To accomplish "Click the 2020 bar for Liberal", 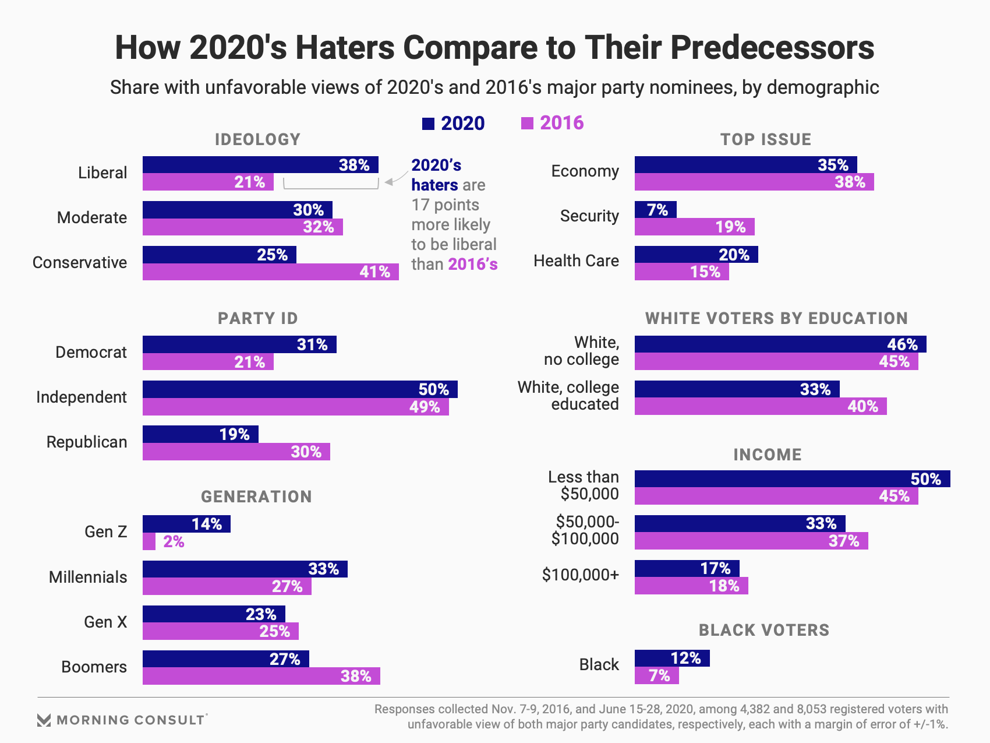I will (x=260, y=165).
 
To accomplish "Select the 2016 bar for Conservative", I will (x=270, y=272).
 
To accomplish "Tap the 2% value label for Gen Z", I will (x=174, y=542).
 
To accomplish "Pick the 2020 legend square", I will (x=428, y=124).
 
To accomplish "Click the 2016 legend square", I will (x=527, y=123).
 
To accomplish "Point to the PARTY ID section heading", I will (x=257, y=318).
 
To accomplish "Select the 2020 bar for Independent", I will (x=300, y=389).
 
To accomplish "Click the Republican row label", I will (x=87, y=442).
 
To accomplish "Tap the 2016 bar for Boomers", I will (x=261, y=676).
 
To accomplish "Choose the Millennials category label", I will (x=88, y=577).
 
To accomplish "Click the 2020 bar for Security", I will (x=655, y=210).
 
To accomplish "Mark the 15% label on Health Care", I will (x=705, y=272).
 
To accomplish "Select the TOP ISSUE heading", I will (x=765, y=139).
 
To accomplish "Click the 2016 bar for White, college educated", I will (x=760, y=406).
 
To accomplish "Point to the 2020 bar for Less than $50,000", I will (x=792, y=479).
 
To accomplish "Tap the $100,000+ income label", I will (x=580, y=575).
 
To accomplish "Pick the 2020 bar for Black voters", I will (x=671, y=659).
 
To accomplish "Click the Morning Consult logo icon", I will (x=44, y=720).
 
